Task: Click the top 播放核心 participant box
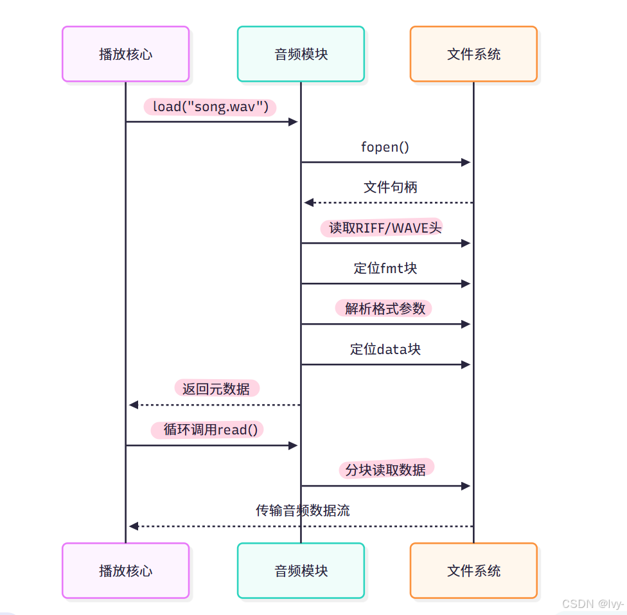(125, 54)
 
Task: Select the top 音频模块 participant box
(301, 54)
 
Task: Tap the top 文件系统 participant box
(473, 54)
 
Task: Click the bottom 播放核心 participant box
(125, 571)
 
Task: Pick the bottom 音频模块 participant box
(301, 571)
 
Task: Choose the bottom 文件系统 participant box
(473, 571)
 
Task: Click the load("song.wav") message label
(210, 107)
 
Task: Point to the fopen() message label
(385, 147)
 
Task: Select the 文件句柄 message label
(390, 187)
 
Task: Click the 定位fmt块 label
(385, 268)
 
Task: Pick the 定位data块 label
(385, 349)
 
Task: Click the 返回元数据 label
(216, 389)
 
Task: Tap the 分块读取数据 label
(385, 470)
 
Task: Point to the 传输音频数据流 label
(303, 511)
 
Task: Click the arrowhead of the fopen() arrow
(467, 162)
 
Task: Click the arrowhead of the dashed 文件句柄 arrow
(308, 202)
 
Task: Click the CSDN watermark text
(593, 604)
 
